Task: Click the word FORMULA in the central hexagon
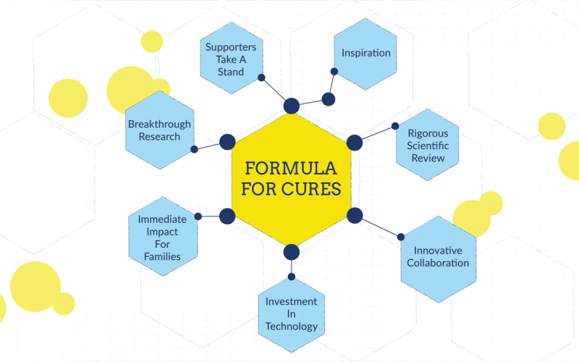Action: click(x=291, y=168)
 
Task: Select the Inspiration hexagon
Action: click(x=365, y=54)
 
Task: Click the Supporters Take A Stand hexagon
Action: click(x=229, y=59)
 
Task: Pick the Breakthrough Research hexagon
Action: click(x=159, y=130)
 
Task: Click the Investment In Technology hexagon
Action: click(x=291, y=313)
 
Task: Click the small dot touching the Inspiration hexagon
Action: click(x=334, y=72)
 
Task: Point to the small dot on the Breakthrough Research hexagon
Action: click(x=194, y=150)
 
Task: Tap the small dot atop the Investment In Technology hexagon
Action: click(x=291, y=276)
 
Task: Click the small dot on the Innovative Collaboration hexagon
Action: click(x=401, y=236)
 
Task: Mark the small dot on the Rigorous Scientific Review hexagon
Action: click(x=395, y=126)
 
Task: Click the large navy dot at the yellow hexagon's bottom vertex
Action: click(x=291, y=252)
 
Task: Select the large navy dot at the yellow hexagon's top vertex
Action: click(x=291, y=106)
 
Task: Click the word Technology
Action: click(x=291, y=326)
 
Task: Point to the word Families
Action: click(x=161, y=256)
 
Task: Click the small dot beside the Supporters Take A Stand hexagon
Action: click(x=261, y=77)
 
